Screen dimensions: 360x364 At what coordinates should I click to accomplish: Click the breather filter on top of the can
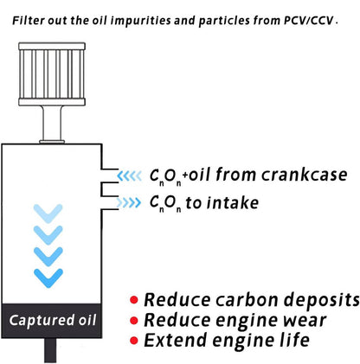(x=52, y=74)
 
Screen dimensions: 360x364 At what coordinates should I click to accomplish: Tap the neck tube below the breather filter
(x=52, y=125)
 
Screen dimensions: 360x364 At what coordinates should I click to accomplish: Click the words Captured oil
(x=53, y=320)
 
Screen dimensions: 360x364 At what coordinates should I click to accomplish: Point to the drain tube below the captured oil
(x=50, y=350)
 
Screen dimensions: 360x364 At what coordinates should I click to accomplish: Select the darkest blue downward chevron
(x=48, y=278)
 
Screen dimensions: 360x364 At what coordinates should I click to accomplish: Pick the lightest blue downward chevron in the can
(x=48, y=214)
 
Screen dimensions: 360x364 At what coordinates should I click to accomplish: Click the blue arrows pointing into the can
(x=130, y=176)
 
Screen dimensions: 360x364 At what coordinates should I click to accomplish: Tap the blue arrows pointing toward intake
(x=129, y=202)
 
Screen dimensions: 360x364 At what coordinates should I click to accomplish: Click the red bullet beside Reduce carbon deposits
(x=134, y=300)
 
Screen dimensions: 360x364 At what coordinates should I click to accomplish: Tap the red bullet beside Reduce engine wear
(x=134, y=320)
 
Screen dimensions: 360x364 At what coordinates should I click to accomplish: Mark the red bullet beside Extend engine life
(x=134, y=341)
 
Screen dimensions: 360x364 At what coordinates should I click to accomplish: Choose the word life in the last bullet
(x=295, y=340)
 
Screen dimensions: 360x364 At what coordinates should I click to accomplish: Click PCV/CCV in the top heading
(x=309, y=21)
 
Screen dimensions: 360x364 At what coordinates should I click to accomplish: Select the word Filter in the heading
(x=29, y=21)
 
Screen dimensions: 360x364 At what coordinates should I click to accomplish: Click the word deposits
(x=322, y=300)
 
